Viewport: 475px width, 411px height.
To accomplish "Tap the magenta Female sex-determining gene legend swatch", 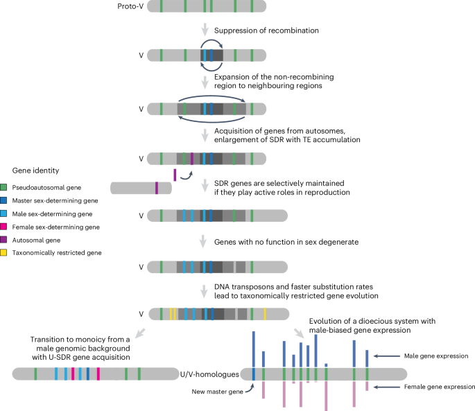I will (x=4, y=226).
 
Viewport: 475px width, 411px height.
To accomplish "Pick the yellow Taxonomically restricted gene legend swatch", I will (x=4, y=252).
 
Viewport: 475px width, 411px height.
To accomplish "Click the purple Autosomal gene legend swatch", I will (x=4, y=239).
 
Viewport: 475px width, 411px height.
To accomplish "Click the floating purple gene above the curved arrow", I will (x=175, y=174).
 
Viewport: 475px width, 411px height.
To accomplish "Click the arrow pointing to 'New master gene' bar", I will (x=246, y=386).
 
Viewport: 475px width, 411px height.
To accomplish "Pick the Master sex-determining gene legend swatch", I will (x=4, y=200).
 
